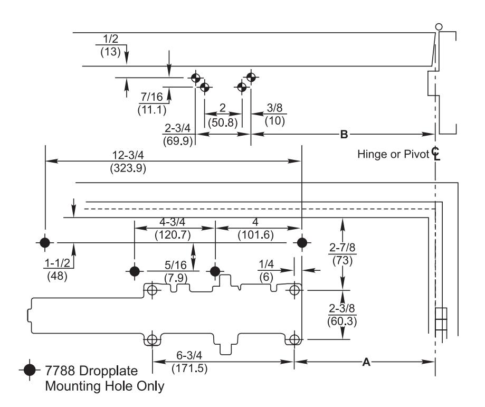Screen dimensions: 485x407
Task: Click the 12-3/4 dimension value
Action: (x=128, y=155)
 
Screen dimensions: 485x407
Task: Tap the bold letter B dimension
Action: (x=344, y=135)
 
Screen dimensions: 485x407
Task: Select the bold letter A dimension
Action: (x=366, y=362)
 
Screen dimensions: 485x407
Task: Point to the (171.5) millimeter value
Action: (x=189, y=368)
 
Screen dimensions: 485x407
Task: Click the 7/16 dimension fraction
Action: (x=151, y=97)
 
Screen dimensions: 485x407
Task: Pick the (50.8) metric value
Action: (x=223, y=122)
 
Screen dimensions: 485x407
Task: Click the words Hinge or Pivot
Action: (x=393, y=154)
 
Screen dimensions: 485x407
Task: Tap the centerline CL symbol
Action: (x=435, y=154)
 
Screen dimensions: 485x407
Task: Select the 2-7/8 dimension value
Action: (x=342, y=248)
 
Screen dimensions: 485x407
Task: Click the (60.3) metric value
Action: (x=342, y=321)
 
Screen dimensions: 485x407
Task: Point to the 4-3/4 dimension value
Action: (x=172, y=222)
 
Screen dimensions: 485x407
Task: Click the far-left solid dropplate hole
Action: (x=45, y=242)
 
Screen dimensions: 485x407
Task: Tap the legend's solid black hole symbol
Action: (x=30, y=370)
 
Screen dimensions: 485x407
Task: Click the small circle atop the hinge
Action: (x=439, y=27)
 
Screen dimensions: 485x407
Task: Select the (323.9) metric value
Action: (x=128, y=168)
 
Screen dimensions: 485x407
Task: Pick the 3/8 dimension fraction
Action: (x=274, y=108)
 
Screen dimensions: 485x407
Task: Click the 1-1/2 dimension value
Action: (x=58, y=263)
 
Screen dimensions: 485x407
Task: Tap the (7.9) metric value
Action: (x=176, y=278)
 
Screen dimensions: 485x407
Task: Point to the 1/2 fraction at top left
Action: (x=110, y=39)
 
